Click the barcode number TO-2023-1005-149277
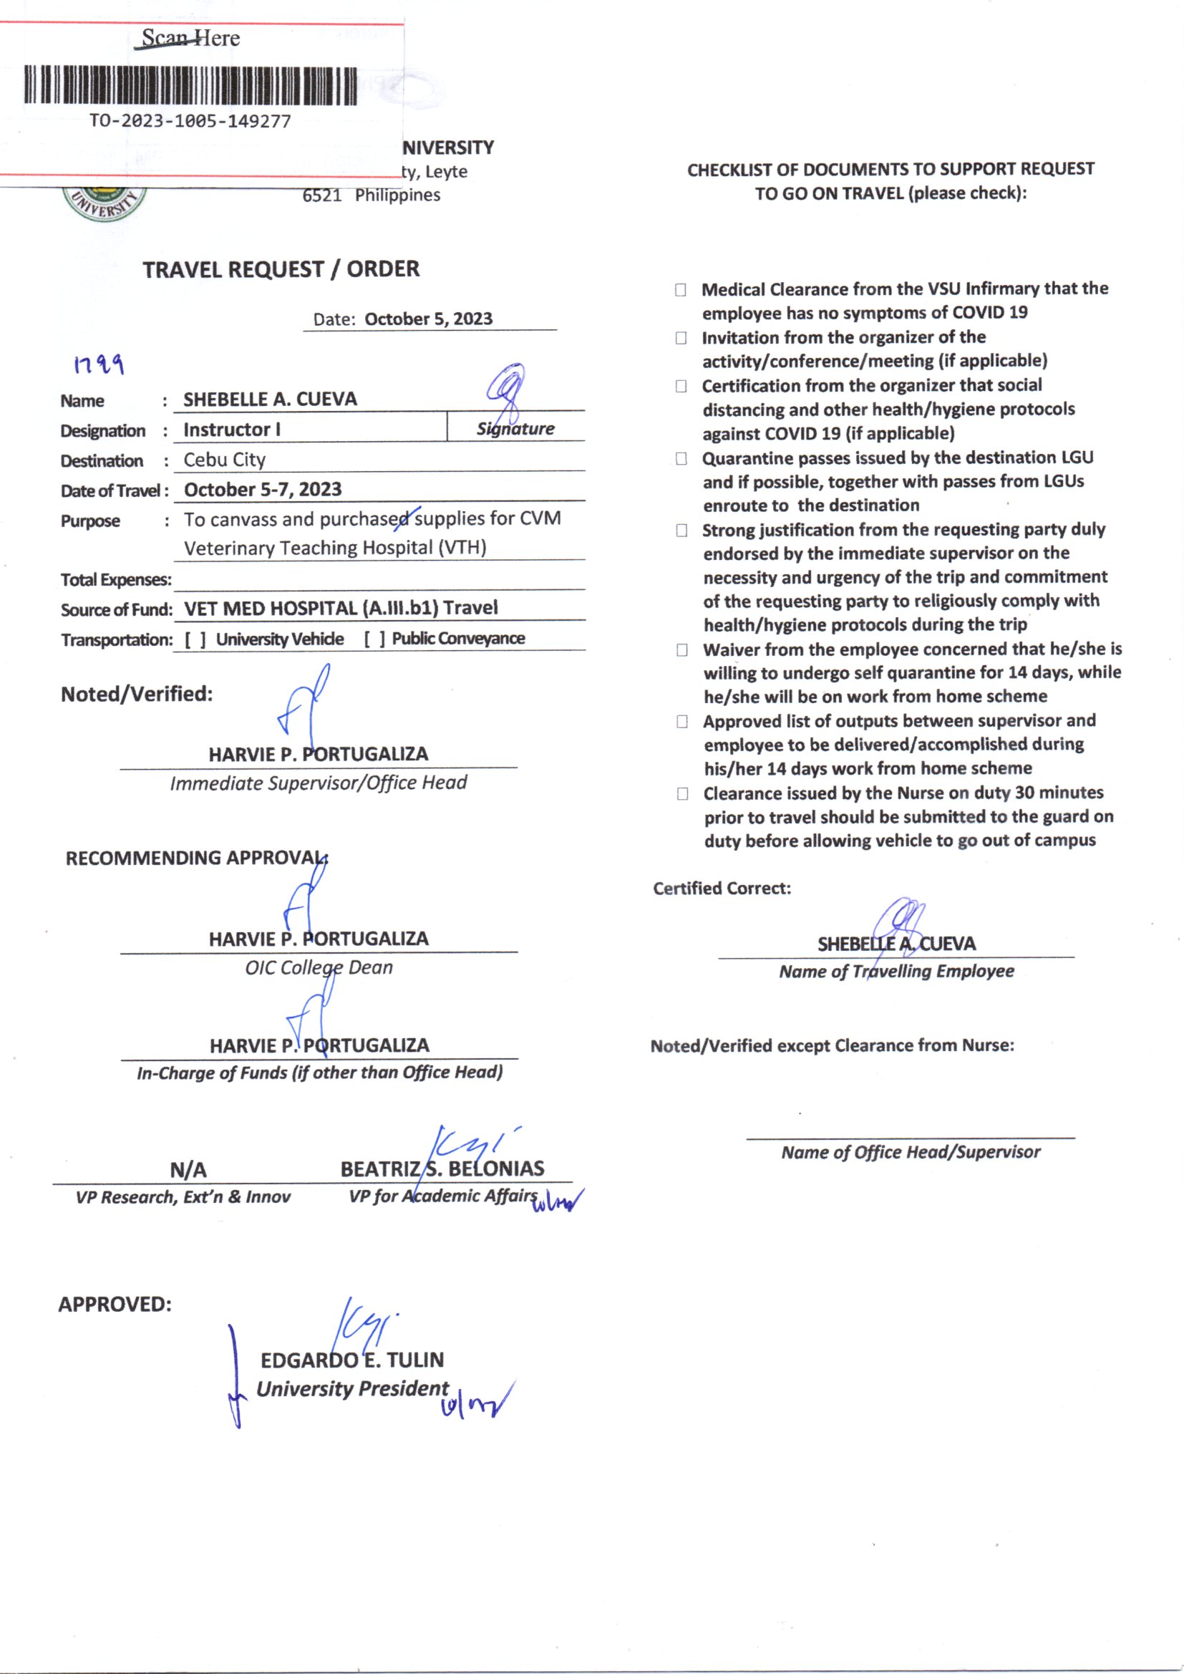point(190,121)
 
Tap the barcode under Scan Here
point(190,86)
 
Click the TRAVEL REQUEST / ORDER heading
point(281,269)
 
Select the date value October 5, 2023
point(428,319)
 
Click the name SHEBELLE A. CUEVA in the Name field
point(270,400)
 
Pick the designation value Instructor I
point(232,430)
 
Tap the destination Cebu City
point(225,460)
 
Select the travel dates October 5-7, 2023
point(263,489)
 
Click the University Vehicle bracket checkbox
point(195,639)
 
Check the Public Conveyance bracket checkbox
point(374,639)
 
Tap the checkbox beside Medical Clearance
point(680,289)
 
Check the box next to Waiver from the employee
point(681,649)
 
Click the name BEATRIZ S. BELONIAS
point(442,1169)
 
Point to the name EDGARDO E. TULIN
point(352,1360)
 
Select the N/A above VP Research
point(188,1170)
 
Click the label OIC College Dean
point(319,967)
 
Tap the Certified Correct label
point(722,888)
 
